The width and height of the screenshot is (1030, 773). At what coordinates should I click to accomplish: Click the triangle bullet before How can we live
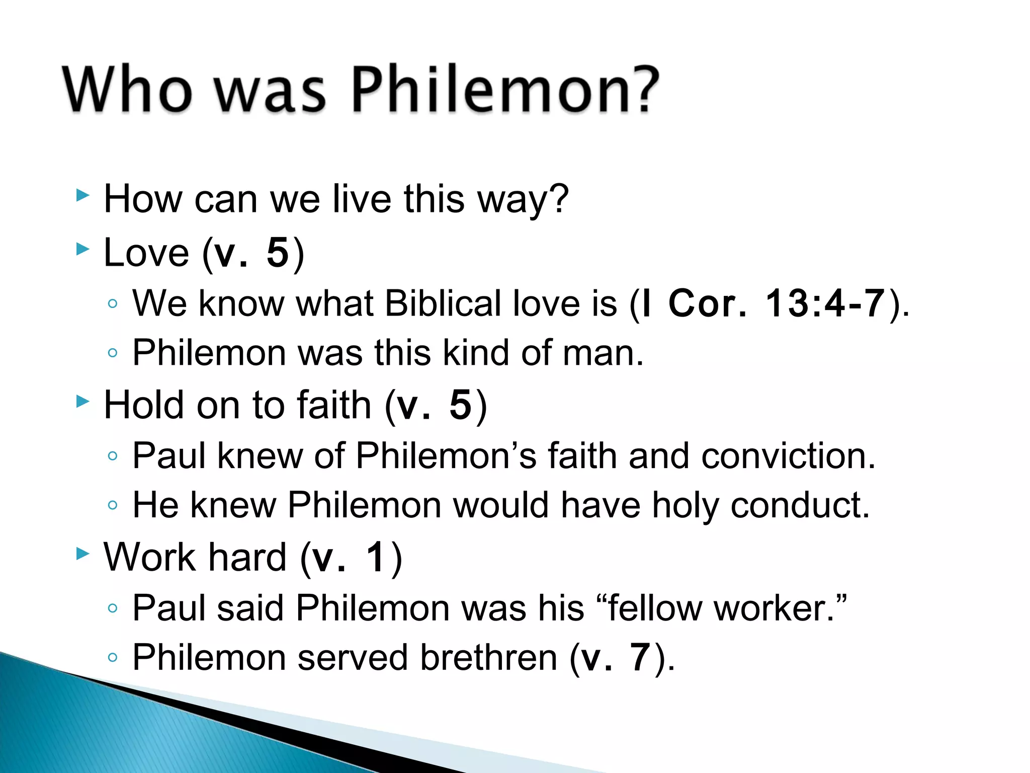[x=82, y=195]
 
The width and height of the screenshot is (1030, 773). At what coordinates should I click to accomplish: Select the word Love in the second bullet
[x=146, y=253]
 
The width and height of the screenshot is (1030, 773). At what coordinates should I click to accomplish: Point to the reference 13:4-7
[x=825, y=303]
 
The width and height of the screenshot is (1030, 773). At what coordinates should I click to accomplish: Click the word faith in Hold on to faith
[x=334, y=405]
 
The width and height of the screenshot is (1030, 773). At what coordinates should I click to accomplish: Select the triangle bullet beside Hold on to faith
[x=82, y=402]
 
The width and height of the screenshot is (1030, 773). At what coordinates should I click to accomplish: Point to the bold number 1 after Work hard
[x=375, y=558]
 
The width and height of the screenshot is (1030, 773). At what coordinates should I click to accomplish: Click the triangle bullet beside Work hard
[x=82, y=554]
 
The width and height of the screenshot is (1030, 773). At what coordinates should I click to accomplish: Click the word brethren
[x=488, y=657]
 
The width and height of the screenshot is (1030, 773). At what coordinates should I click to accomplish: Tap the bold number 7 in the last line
[x=640, y=657]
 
